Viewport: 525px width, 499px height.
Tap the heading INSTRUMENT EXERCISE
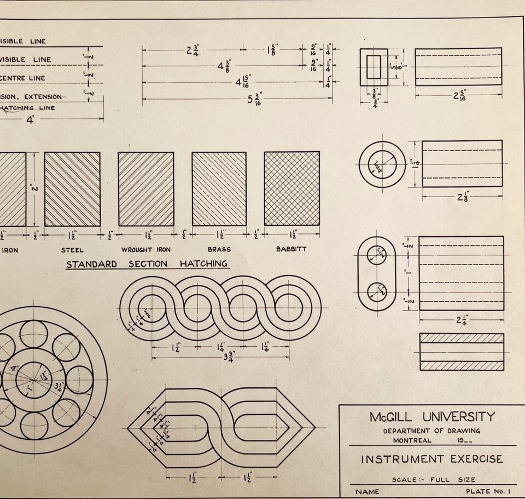431,459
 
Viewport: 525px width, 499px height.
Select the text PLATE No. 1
487,491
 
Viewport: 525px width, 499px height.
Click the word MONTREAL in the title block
412,440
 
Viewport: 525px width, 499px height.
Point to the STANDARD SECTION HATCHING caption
147,264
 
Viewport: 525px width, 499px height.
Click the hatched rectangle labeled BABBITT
291,188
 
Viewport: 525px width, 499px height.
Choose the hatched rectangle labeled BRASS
219,188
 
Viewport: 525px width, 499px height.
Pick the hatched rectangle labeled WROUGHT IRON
146,188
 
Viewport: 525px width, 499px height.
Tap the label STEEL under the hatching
73,250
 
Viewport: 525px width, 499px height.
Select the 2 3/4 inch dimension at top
192,50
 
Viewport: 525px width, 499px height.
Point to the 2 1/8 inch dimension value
462,196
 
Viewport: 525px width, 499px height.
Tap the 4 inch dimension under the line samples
30,119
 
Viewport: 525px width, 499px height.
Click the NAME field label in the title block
367,491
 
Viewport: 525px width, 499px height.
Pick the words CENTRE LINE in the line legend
23,78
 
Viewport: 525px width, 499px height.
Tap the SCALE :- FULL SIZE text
433,480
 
